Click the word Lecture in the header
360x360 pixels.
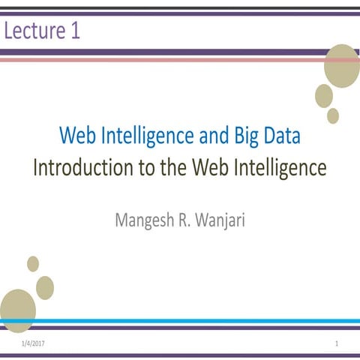point(35,31)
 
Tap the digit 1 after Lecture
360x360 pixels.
point(75,31)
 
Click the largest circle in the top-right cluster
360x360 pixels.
point(341,66)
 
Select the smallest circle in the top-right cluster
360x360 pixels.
point(333,115)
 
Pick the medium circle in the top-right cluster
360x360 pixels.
point(324,95)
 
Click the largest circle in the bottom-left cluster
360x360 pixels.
point(17,310)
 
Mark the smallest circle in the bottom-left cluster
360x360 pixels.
point(33,263)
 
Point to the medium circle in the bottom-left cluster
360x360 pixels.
point(45,287)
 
